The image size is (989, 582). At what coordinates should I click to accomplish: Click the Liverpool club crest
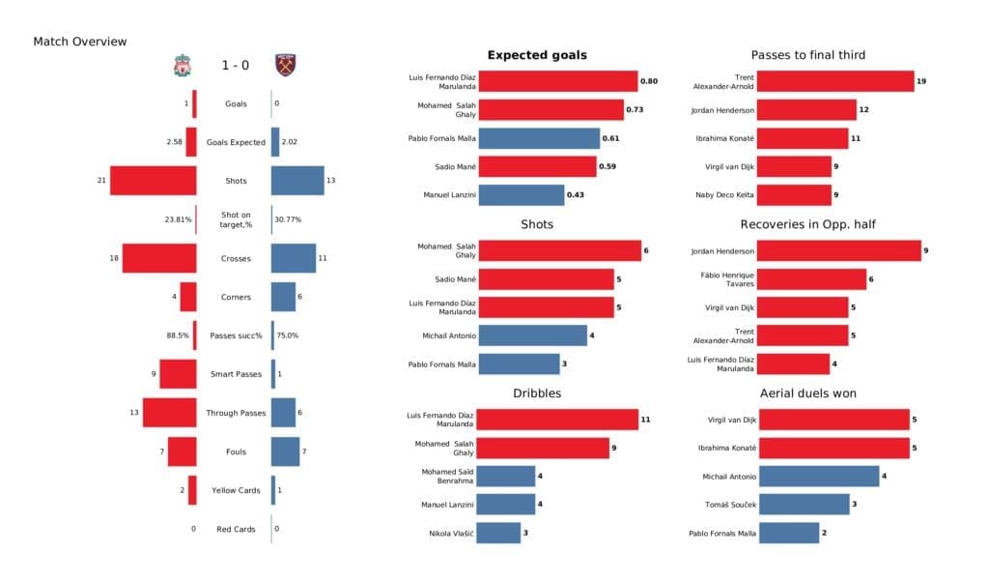pos(181,66)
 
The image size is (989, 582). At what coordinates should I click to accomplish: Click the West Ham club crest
pos(285,66)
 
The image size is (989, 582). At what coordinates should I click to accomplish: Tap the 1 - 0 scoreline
pos(235,66)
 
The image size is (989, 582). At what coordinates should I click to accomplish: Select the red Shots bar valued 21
pos(153,181)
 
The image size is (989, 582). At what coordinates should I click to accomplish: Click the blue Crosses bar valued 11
pos(294,258)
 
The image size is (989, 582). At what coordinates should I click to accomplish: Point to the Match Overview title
pos(80,42)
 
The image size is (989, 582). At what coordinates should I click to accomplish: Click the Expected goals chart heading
pos(537,55)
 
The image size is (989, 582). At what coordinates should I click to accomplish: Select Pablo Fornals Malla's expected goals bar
pos(539,138)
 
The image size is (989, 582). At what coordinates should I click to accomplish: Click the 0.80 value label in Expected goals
pos(648,81)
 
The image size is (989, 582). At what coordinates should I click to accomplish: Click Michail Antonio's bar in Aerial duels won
pos(818,476)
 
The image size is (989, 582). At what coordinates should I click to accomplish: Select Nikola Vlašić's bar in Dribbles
pos(498,533)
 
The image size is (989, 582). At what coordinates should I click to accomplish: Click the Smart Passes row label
pos(236,374)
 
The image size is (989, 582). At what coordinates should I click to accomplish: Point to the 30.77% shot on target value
pos(288,219)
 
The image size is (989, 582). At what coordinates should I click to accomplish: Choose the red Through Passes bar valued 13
pos(170,413)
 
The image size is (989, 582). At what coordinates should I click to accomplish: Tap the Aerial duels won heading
pos(807,393)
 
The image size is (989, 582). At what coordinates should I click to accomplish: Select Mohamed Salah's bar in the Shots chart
pos(559,251)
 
